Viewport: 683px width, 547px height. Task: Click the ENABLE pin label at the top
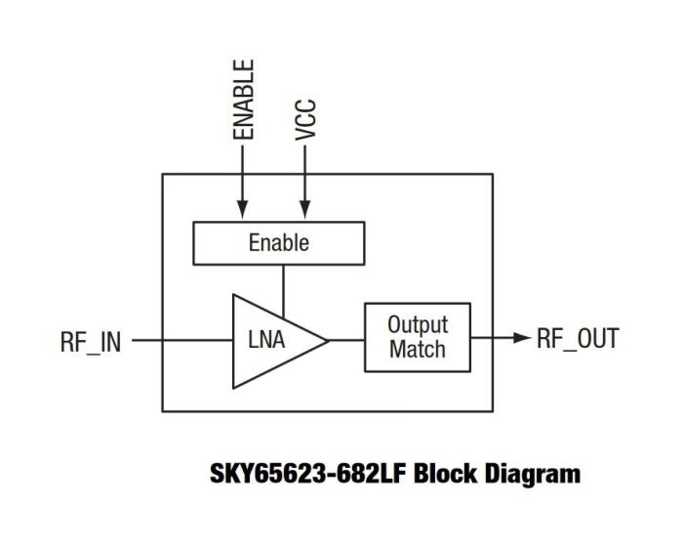(x=245, y=99)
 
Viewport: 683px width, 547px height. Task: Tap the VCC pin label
(x=305, y=121)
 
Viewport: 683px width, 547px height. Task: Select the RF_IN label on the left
(x=91, y=342)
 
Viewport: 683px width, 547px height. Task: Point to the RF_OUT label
(x=578, y=339)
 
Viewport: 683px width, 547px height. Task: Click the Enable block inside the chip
(x=279, y=243)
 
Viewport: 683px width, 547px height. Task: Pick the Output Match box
(x=417, y=337)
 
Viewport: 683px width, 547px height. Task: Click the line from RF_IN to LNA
(x=181, y=340)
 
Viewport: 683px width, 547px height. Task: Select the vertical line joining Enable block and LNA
(x=283, y=284)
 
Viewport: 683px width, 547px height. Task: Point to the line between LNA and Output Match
(x=346, y=340)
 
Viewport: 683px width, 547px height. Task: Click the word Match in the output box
(x=417, y=350)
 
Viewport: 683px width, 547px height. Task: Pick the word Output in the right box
(x=417, y=324)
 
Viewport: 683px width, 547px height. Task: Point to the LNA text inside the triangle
(x=265, y=340)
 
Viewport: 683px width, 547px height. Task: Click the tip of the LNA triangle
(x=327, y=340)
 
